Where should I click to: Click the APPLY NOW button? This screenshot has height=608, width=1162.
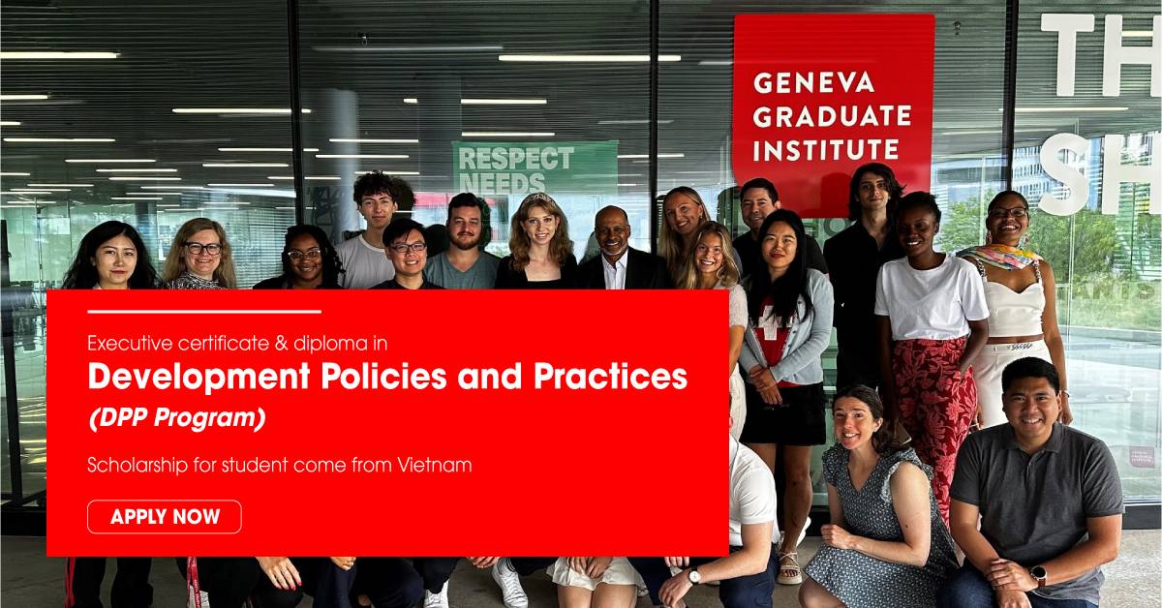[165, 517]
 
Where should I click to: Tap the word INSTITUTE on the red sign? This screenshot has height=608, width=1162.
[826, 150]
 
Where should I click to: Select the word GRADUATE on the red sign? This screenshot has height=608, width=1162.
[832, 116]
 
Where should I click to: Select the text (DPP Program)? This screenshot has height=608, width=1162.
[176, 419]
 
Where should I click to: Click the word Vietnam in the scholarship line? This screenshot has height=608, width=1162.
[435, 465]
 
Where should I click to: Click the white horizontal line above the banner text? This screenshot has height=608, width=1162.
[203, 312]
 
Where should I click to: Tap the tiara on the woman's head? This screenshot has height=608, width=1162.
[539, 198]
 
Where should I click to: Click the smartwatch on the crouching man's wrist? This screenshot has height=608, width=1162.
[1038, 575]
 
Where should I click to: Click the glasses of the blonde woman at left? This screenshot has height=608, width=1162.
[203, 249]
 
